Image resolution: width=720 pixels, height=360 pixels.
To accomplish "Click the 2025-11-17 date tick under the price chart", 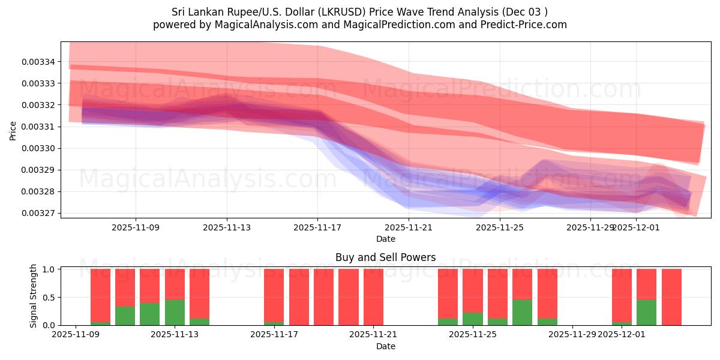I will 317,227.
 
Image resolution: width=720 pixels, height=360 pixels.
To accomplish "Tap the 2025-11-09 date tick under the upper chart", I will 136,227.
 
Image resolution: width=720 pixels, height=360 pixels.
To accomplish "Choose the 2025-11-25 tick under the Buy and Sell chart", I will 473,335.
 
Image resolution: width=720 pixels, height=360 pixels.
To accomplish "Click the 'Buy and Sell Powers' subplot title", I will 385,257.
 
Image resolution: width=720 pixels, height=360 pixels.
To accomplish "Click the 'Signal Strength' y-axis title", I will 34,296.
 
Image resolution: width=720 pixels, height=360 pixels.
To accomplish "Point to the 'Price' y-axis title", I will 13,130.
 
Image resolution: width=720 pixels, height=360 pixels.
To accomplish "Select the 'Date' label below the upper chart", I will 385,239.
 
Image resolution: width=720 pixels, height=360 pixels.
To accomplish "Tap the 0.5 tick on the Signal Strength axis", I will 49,297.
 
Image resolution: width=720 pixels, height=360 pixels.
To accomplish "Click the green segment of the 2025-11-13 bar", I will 175,312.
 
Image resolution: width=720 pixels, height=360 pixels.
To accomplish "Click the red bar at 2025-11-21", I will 373,297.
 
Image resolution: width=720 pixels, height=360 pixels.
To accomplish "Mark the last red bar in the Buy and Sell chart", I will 671,297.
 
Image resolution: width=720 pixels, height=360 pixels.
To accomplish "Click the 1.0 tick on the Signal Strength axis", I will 49,269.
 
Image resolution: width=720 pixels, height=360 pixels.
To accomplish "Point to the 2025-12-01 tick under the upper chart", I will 636,227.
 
